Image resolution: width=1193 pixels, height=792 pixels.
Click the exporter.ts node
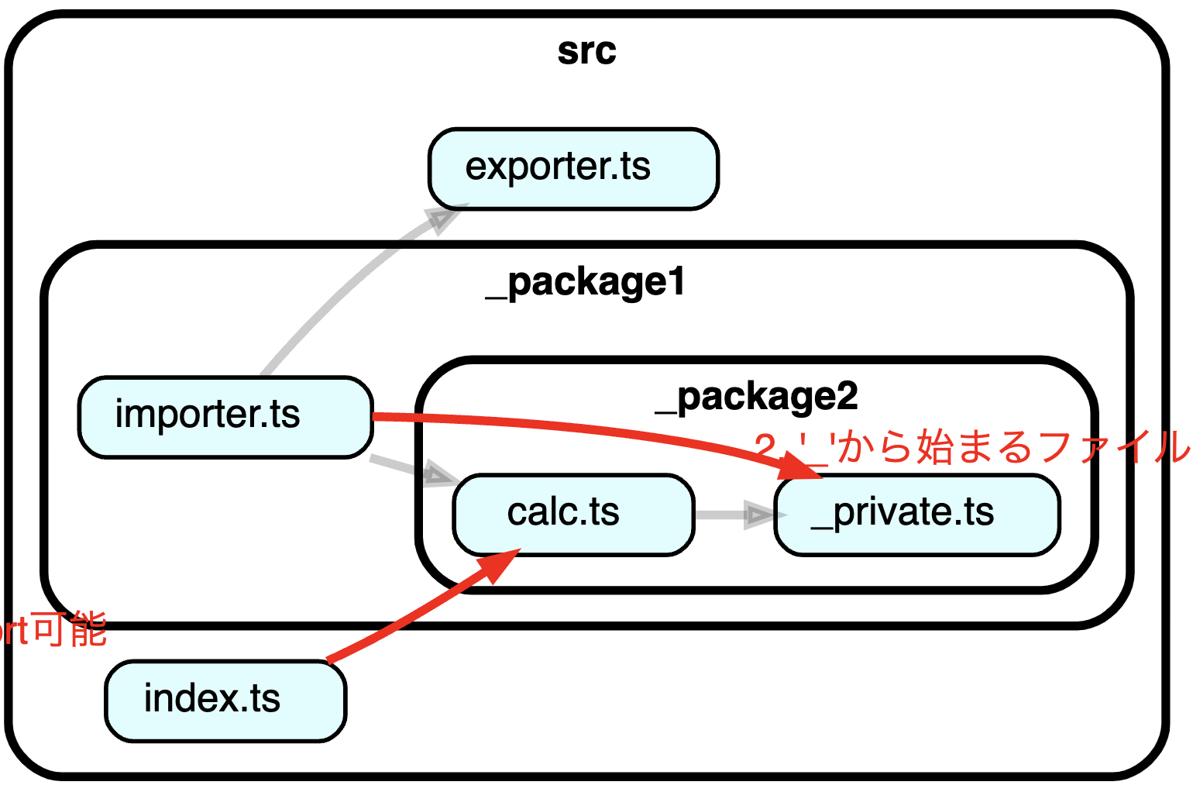click(573, 169)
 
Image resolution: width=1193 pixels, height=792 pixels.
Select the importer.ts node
click(225, 417)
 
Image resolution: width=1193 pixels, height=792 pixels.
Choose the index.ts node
click(225, 701)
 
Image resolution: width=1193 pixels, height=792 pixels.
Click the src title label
click(586, 51)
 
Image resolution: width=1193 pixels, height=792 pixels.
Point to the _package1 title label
click(586, 282)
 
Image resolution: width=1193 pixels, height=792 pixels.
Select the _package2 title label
click(757, 397)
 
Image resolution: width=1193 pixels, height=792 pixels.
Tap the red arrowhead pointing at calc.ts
click(497, 566)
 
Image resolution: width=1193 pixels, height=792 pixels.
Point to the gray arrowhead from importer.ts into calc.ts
click(438, 473)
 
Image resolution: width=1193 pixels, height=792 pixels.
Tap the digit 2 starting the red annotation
click(765, 448)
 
